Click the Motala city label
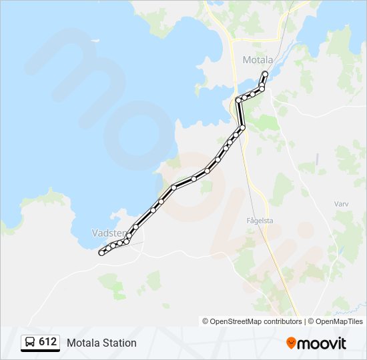pos(258,60)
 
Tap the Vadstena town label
pos(107,233)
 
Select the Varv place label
pos(340,203)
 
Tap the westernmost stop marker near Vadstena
pos(101,253)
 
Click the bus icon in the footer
pos(30,343)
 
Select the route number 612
pos(47,342)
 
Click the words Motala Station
pos(101,343)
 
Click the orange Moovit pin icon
pos(292,343)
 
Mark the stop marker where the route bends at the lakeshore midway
pos(173,187)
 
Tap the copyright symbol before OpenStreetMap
pos(206,321)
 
